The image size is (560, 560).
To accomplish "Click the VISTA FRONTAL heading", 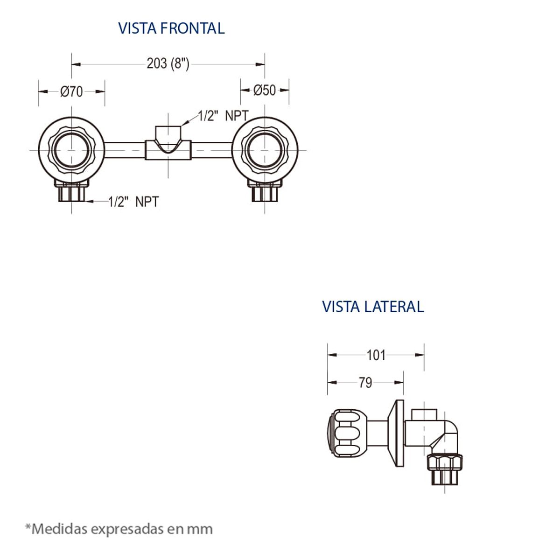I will [x=171, y=28].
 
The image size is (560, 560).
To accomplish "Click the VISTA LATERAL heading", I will [x=373, y=307].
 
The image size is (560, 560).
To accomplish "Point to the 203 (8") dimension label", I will [x=168, y=63].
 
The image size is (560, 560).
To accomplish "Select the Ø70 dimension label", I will [x=71, y=91].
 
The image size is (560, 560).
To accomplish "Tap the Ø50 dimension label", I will [x=265, y=90].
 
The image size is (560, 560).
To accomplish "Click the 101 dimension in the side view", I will [x=376, y=355].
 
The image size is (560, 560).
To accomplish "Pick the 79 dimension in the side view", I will [x=365, y=383].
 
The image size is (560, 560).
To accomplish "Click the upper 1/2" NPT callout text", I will [x=223, y=116].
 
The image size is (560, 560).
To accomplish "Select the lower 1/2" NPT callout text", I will [x=133, y=202].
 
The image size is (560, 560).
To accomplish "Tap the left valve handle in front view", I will [x=71, y=150].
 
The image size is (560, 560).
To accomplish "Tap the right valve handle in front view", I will [x=265, y=150].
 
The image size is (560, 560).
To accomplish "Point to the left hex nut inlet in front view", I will [x=71, y=192].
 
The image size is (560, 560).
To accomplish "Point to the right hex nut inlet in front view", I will [x=265, y=192].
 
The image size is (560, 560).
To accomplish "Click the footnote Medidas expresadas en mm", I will [x=119, y=529].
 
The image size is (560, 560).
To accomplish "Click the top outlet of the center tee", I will [x=168, y=131].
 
